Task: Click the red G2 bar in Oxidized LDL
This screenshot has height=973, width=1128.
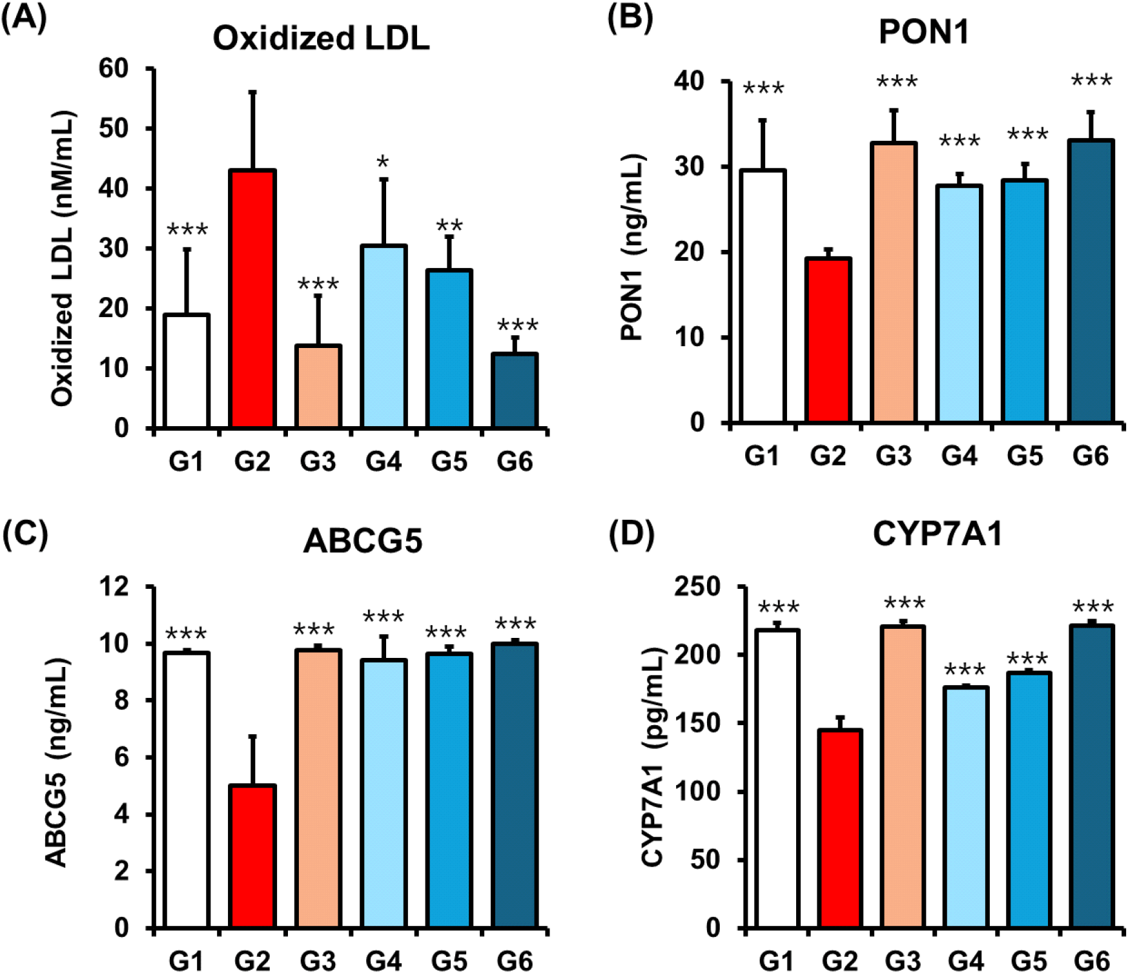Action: (252, 298)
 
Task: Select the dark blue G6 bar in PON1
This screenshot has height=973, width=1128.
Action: (1091, 281)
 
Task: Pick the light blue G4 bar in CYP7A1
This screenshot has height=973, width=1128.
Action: (966, 807)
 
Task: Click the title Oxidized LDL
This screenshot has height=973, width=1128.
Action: (321, 38)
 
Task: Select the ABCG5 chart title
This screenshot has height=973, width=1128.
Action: (363, 540)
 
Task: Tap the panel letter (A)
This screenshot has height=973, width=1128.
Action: (24, 18)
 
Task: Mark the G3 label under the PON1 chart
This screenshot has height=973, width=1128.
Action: (894, 456)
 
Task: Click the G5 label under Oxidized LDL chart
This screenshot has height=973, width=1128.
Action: (449, 462)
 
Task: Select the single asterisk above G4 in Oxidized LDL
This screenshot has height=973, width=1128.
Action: (383, 162)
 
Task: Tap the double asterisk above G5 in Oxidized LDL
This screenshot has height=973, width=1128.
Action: (449, 225)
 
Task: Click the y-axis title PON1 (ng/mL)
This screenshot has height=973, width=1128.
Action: (632, 247)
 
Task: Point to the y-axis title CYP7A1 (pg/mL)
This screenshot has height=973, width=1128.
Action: (653, 757)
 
